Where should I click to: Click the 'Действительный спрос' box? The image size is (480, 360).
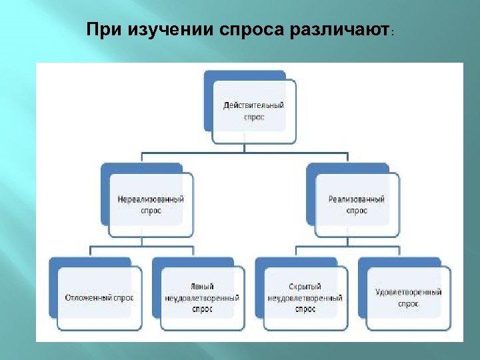(x=253, y=111)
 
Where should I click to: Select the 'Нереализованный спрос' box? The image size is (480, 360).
(x=151, y=205)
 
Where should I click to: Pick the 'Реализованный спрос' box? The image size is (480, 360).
(x=357, y=205)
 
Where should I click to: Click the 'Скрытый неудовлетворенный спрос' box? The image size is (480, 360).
(x=305, y=298)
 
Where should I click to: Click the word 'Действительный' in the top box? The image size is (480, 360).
(x=253, y=106)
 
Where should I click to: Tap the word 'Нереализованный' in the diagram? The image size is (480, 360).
(x=151, y=199)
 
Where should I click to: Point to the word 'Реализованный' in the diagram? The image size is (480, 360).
(x=357, y=199)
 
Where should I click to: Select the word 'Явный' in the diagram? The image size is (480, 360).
(x=202, y=287)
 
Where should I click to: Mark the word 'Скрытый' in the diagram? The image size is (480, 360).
(x=305, y=287)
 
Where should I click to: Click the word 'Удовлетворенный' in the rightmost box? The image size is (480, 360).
(x=408, y=293)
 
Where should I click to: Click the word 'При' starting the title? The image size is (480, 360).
(x=100, y=31)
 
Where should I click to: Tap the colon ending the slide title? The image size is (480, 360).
(x=393, y=33)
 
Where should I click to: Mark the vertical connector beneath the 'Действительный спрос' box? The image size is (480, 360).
(x=244, y=148)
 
